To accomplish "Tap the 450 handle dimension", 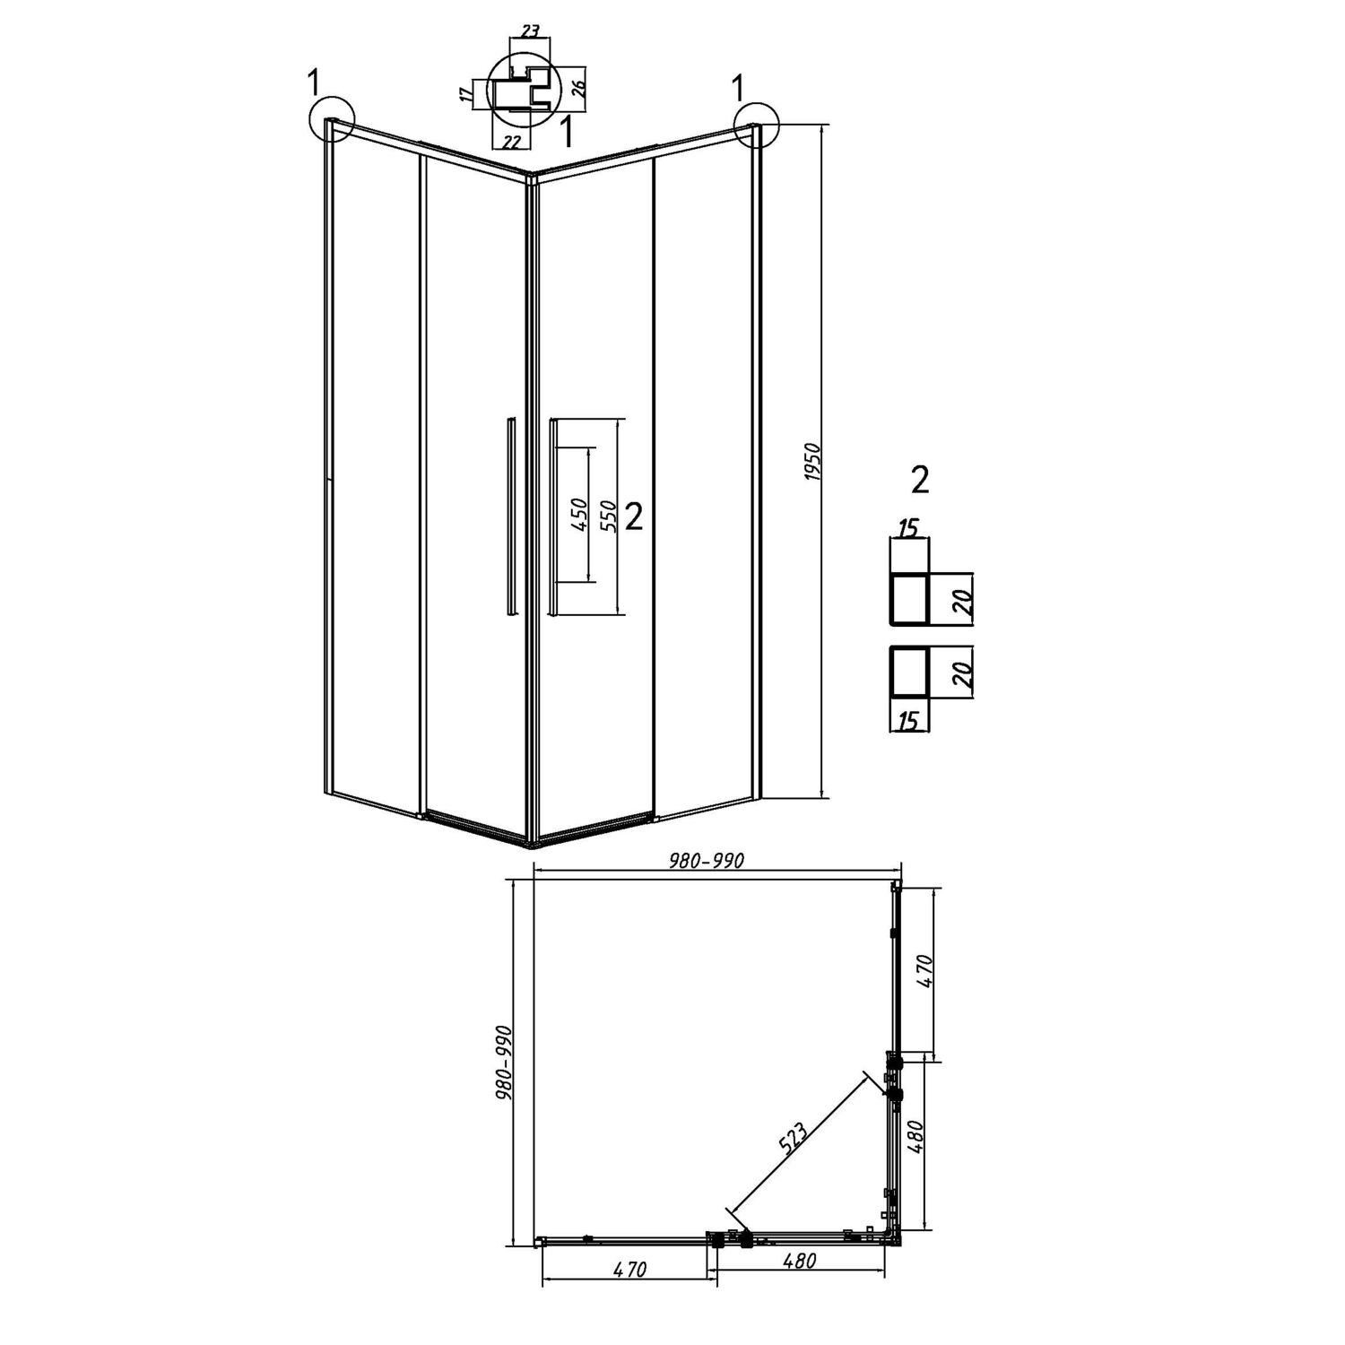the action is (x=578, y=516).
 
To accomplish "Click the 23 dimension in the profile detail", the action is (x=530, y=30).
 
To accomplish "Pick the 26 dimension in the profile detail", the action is (x=578, y=87).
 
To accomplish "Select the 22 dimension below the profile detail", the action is (x=512, y=141).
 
